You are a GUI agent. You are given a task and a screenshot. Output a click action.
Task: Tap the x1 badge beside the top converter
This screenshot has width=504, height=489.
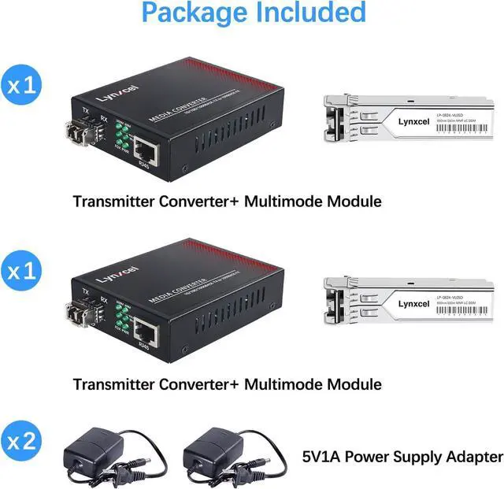click(23, 85)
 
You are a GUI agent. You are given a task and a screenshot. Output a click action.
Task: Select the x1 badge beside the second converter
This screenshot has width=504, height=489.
click(23, 272)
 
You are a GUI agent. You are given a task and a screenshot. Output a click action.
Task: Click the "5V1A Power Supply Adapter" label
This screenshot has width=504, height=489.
click(402, 456)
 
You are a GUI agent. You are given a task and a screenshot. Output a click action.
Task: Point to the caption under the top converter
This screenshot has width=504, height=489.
click(227, 201)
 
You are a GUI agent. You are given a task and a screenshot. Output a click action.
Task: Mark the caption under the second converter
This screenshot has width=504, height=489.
click(227, 384)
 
